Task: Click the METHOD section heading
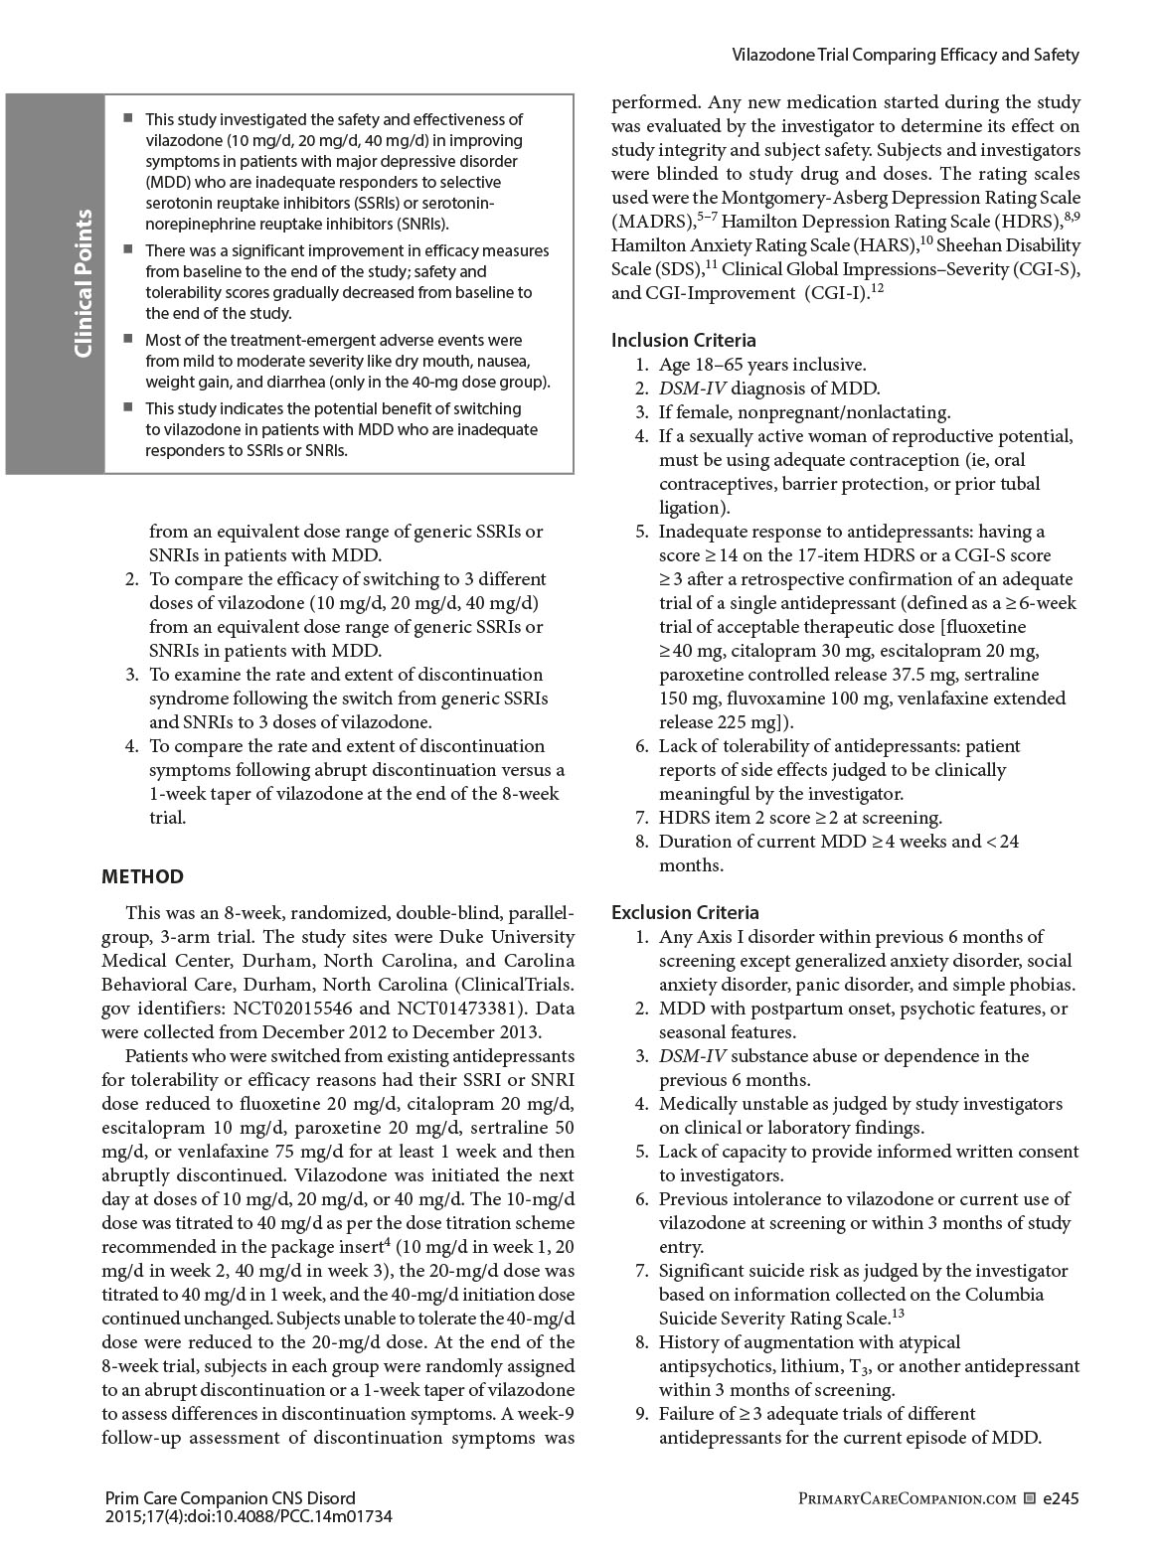point(143,876)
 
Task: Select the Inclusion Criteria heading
point(684,341)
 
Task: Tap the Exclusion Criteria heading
point(685,912)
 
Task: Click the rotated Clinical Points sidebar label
point(83,283)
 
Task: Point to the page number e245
point(1061,1497)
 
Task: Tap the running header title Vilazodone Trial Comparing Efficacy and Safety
point(906,55)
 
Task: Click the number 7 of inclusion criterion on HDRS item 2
point(641,818)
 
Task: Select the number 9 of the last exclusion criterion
point(641,1414)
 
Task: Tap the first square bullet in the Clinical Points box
point(127,118)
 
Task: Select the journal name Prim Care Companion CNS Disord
point(229,1497)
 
